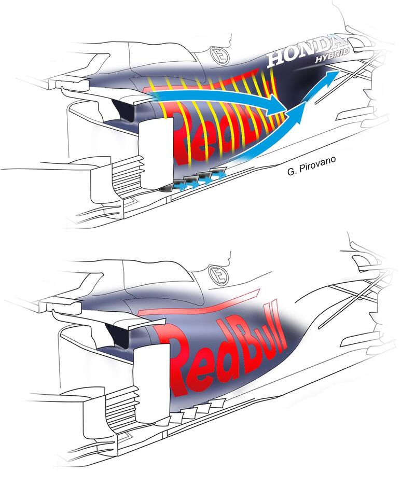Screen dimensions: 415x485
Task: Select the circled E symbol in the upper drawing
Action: (x=220, y=56)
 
